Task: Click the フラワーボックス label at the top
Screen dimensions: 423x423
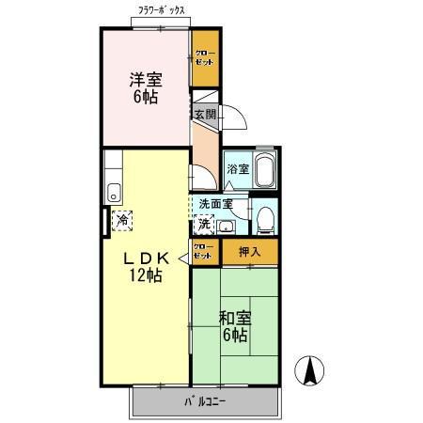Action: point(161,10)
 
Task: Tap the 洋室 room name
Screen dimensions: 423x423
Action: point(145,80)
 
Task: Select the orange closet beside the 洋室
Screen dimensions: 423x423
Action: point(204,56)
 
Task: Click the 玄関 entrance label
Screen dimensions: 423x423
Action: point(206,114)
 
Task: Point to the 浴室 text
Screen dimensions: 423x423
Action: point(238,170)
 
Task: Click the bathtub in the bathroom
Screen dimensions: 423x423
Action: point(264,170)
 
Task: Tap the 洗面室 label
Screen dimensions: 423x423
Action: point(215,204)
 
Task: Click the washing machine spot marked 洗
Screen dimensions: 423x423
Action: point(204,224)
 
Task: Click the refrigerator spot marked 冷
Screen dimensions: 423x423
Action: point(122,221)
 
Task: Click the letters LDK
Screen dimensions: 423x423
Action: point(144,258)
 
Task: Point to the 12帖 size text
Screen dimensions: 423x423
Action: point(146,275)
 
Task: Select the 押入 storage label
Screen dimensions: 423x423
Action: point(249,251)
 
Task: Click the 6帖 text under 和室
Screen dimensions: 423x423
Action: point(235,336)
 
